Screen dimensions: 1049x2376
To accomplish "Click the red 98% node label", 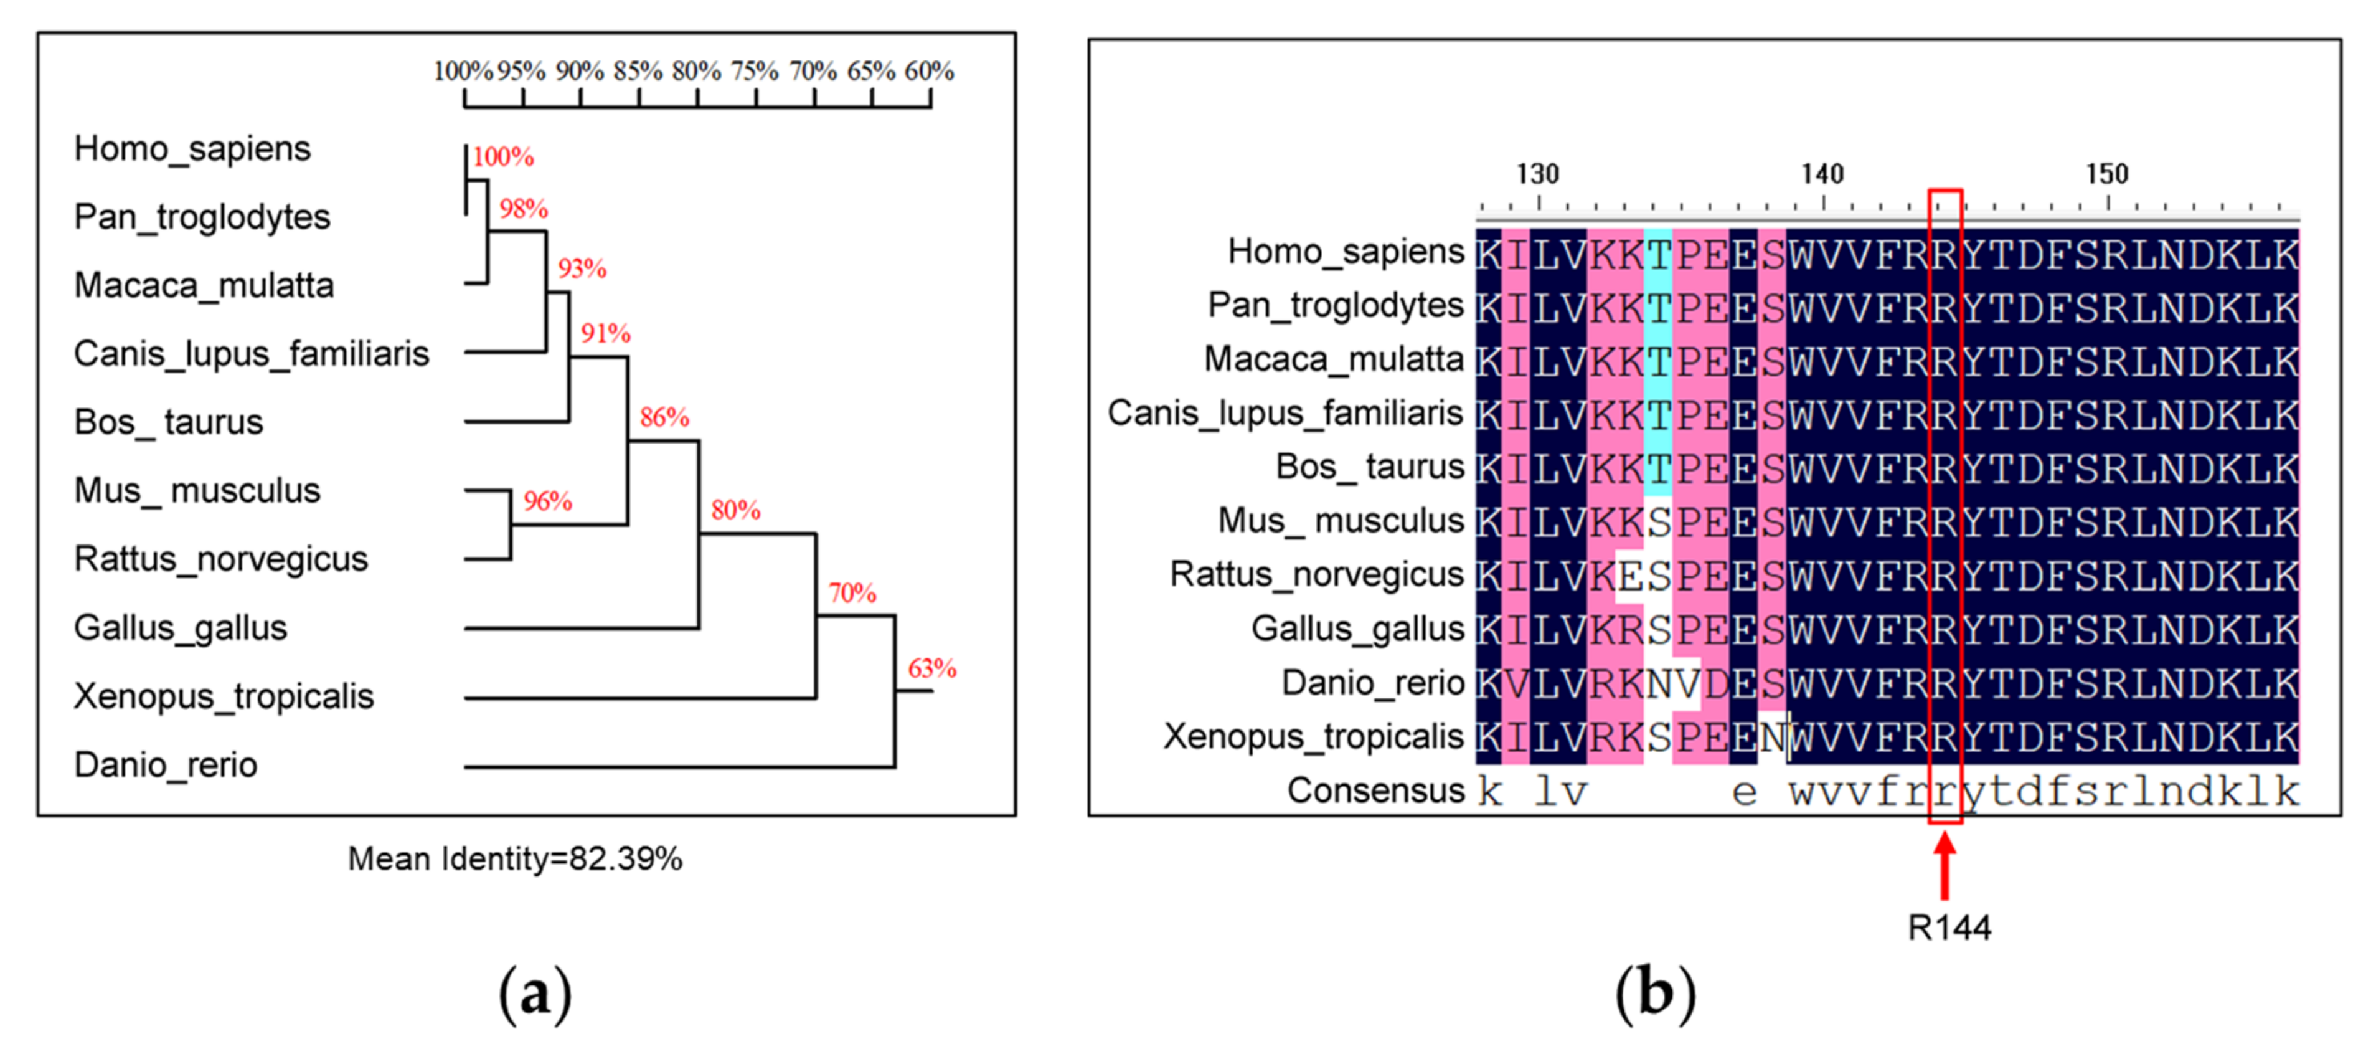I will click(523, 209).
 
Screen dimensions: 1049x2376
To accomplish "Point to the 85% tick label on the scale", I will click(638, 71).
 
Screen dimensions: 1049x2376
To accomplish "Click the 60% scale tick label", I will click(929, 71).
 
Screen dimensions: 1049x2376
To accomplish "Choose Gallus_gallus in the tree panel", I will click(181, 627).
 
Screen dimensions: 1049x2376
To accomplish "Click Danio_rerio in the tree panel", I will click(166, 765).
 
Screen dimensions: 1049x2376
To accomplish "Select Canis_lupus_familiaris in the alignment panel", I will click(1285, 414).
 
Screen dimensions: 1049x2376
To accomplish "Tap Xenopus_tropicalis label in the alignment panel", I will click(1313, 736).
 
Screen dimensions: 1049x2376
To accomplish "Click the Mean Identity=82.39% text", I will click(515, 859).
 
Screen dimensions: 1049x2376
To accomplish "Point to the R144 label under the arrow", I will click(1948, 927).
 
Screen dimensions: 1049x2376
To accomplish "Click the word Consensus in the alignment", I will click(1375, 790).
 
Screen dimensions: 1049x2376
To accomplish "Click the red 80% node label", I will click(735, 510).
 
